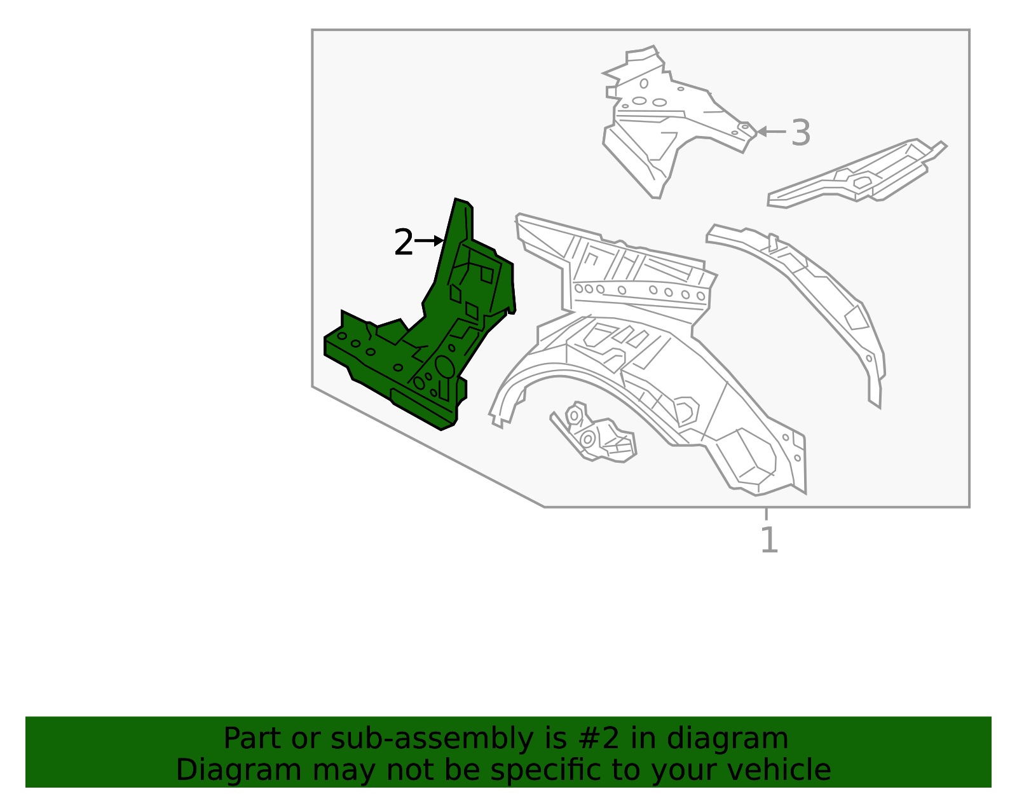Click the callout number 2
click(403, 243)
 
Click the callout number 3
click(800, 133)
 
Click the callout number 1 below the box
click(768, 540)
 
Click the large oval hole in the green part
click(444, 367)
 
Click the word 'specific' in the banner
click(543, 770)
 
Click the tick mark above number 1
click(766, 514)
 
